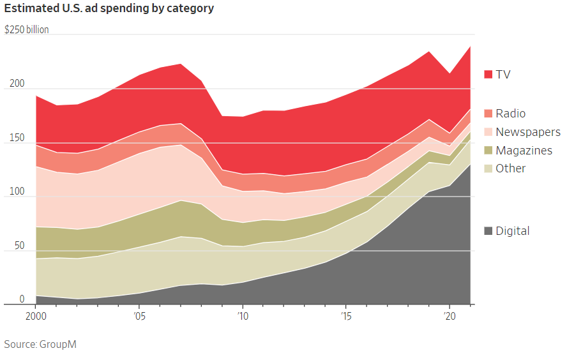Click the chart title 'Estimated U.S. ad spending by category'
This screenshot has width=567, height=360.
(x=109, y=9)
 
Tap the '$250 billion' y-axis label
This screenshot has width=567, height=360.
(x=27, y=30)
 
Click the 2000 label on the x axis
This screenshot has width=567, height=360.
(x=36, y=315)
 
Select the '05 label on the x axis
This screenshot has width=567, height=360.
(x=139, y=315)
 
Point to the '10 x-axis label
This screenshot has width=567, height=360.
(x=242, y=315)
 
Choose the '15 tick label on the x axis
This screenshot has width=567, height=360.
(x=345, y=315)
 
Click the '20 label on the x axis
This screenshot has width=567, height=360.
(x=449, y=315)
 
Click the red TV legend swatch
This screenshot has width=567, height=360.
(x=488, y=75)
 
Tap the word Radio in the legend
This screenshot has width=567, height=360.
(x=511, y=114)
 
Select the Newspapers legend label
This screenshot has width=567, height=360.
(x=528, y=132)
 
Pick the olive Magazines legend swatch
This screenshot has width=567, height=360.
(x=488, y=151)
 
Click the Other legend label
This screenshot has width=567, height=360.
(x=511, y=169)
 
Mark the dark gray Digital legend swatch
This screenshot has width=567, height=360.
(x=488, y=231)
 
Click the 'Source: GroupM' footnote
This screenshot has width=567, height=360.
(x=41, y=344)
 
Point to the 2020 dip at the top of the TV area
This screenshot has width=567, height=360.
(x=450, y=73)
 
